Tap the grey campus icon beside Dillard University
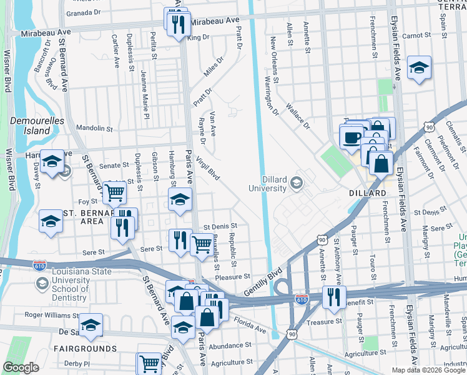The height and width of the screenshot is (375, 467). [x=297, y=184]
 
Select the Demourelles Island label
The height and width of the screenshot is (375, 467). [x=29, y=125]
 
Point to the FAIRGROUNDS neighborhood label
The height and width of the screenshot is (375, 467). [x=84, y=348]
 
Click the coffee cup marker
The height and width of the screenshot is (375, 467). [x=351, y=136]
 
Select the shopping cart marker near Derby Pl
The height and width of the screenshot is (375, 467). [x=149, y=363]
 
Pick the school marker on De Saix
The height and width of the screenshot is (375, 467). [x=91, y=324]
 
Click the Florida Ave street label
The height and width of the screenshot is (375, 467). [x=250, y=325]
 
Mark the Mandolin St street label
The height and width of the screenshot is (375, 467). [x=94, y=129]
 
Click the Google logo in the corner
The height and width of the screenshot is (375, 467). [x=21, y=367]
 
